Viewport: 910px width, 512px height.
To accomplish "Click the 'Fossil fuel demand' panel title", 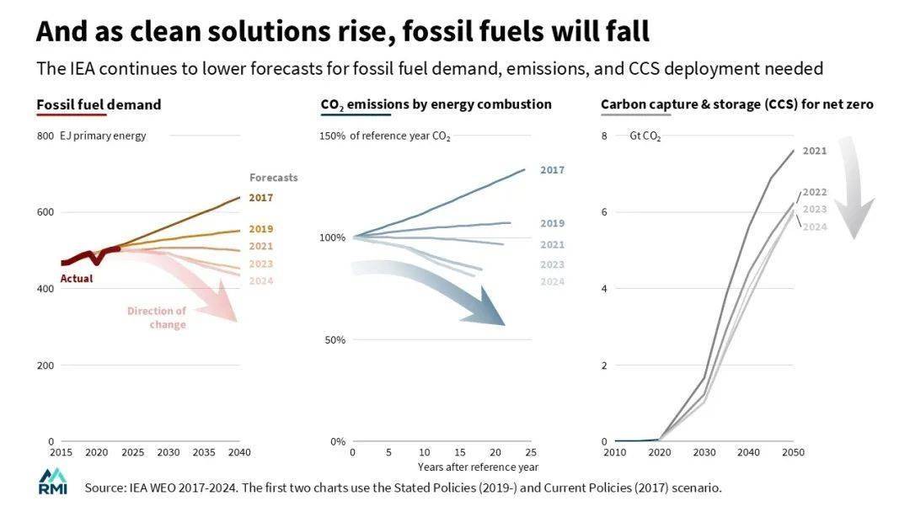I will pyautogui.click(x=99, y=105).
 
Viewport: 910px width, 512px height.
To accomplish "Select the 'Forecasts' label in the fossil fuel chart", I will pyautogui.click(x=273, y=178).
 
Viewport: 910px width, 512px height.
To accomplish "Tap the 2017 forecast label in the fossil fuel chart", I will pyautogui.click(x=261, y=198).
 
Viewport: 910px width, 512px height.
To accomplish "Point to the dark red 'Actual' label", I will pyautogui.click(x=77, y=279).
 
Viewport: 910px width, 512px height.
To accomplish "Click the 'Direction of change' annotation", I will pyautogui.click(x=158, y=317).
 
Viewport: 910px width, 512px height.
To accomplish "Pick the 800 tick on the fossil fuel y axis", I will pyautogui.click(x=45, y=136).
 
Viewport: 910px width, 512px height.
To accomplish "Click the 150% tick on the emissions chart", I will pyautogui.click(x=332, y=136).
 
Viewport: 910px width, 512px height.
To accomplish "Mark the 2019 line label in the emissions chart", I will pyautogui.click(x=552, y=224).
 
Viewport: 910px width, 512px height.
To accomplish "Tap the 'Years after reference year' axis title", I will pyautogui.click(x=478, y=467).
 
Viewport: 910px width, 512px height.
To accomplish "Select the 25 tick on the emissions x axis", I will pyautogui.click(x=532, y=453).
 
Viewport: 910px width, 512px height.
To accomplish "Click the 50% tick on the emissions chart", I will pyautogui.click(x=335, y=340).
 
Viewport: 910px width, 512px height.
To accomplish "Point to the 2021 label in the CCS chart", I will pyautogui.click(x=815, y=152).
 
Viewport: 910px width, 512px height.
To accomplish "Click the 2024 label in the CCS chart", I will pyautogui.click(x=815, y=227).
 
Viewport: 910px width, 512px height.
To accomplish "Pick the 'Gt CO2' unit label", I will pyautogui.click(x=645, y=136).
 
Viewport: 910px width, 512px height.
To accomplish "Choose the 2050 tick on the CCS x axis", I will pyautogui.click(x=793, y=453).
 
